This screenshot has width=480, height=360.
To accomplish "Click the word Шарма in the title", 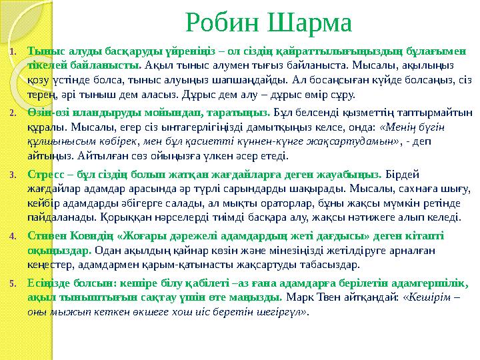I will tap(309, 25).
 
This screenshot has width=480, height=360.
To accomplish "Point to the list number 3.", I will tap(11, 175).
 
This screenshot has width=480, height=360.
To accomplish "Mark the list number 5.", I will tap(11, 283).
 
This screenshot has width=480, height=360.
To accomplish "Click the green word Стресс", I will tap(43, 175).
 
